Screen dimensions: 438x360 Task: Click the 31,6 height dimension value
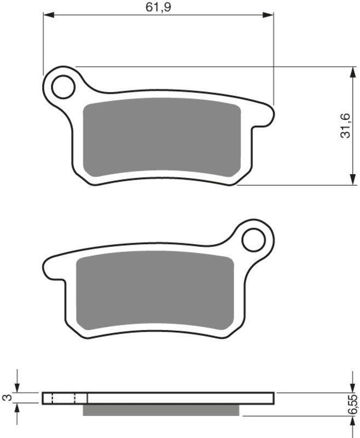tap(345, 125)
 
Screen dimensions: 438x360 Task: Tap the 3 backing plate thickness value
tap(7, 398)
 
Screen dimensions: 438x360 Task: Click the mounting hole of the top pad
tap(63, 87)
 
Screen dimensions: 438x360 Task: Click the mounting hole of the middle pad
tap(253, 239)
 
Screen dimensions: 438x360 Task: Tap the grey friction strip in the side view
tap(161, 410)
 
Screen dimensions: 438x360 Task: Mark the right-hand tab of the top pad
tap(265, 116)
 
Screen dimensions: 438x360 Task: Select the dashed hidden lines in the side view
tap(63, 398)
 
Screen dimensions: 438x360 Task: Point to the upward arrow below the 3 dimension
tap(18, 410)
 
